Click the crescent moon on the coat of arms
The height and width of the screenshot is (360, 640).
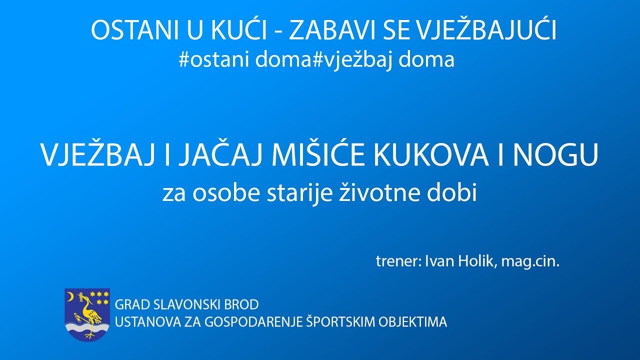point(69,297)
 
